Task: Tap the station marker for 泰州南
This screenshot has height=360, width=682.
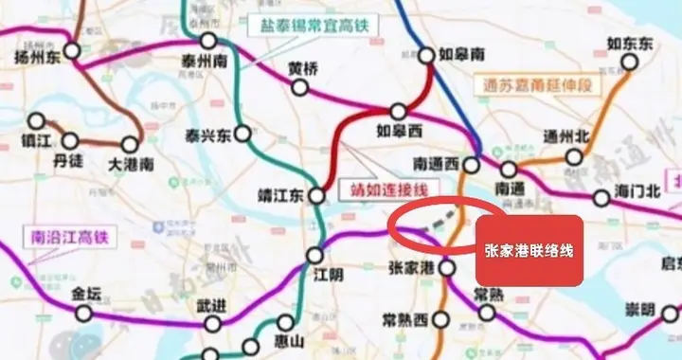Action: click(x=207, y=41)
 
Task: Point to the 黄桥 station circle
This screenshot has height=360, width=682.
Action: click(x=300, y=88)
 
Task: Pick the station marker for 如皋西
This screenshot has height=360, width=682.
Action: click(x=399, y=112)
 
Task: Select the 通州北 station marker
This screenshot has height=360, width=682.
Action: click(x=574, y=156)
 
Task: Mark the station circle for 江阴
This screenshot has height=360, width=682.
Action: click(x=315, y=255)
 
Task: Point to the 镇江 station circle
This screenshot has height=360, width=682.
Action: click(x=38, y=121)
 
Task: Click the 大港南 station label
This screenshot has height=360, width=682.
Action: click(x=130, y=164)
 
